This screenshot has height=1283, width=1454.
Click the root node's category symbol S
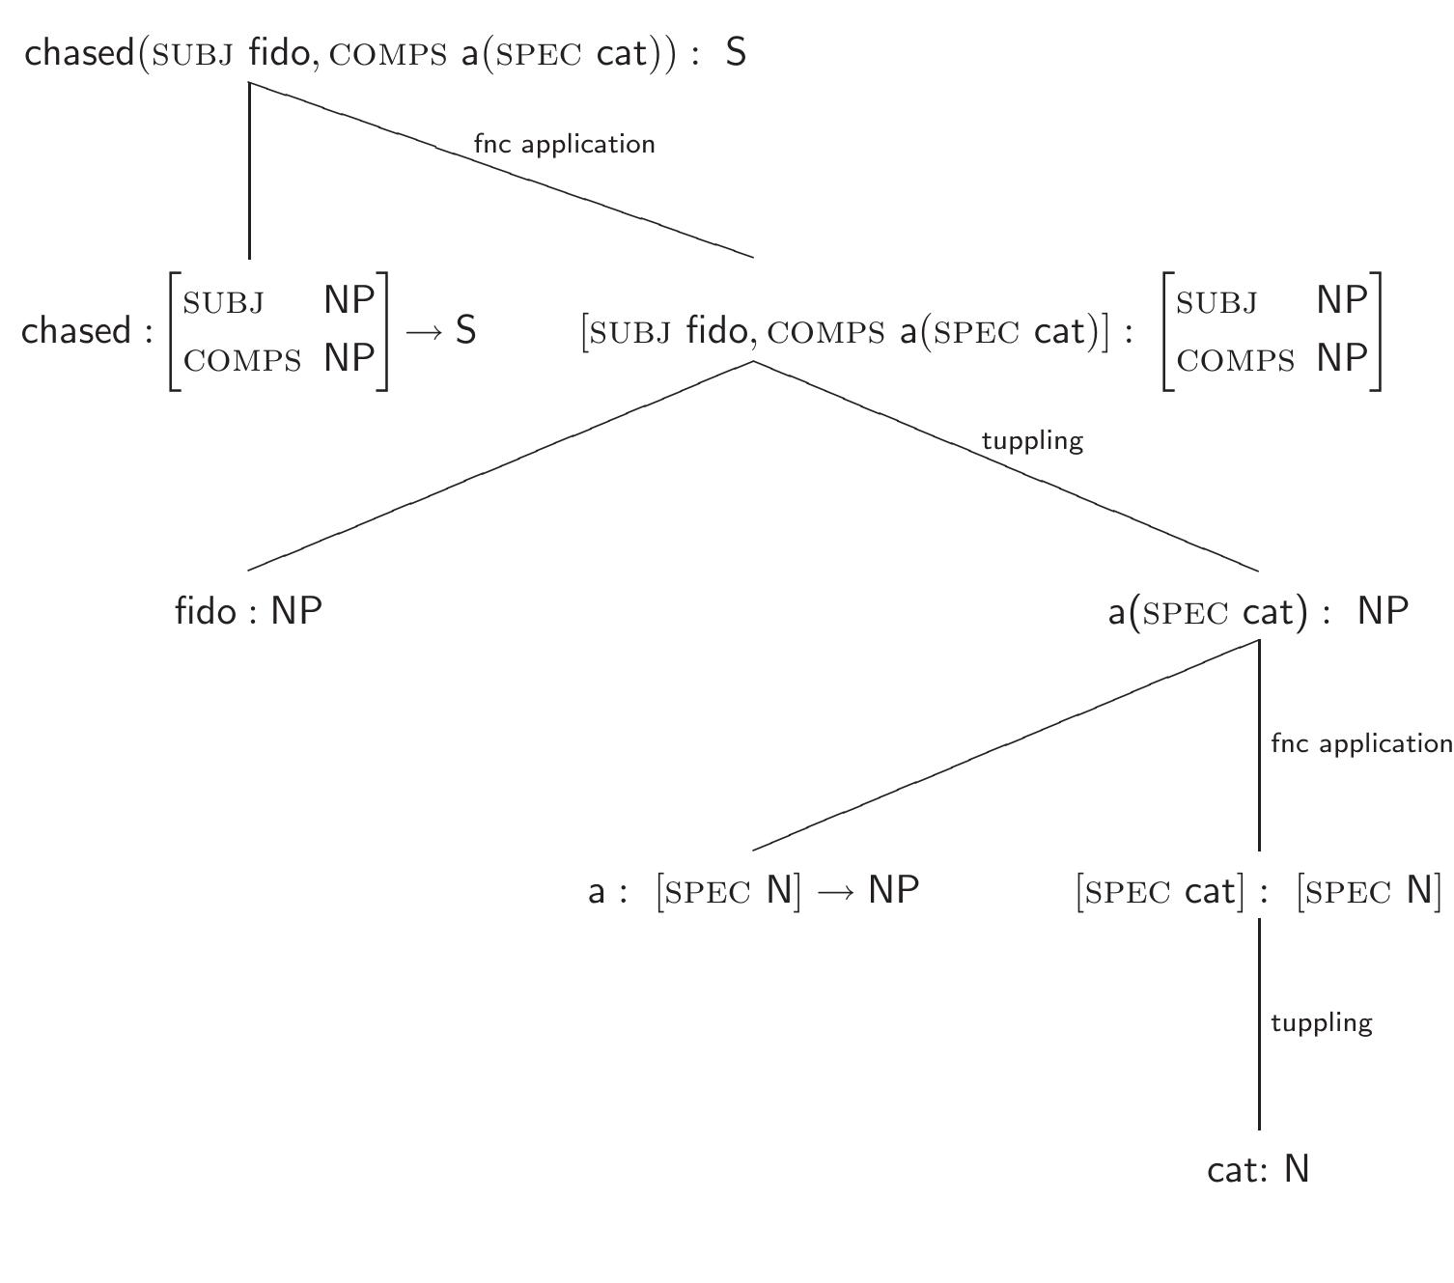point(736,52)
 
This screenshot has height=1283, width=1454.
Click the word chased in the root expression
point(79,52)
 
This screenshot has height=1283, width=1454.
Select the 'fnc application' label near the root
point(564,144)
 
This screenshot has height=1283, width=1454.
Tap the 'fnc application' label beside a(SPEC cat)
point(1360,743)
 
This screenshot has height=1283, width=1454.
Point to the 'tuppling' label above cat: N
point(1321,1022)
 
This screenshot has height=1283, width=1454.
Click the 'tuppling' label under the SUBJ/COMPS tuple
point(1032,440)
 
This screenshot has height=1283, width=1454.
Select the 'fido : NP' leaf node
point(248,610)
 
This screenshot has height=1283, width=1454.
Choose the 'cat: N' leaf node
point(1258,1169)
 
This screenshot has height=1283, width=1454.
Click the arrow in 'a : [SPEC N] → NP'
point(835,890)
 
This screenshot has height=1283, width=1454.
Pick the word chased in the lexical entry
point(76,331)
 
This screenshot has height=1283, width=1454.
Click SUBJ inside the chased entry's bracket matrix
point(223,302)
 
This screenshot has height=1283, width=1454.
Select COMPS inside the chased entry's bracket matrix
point(242,360)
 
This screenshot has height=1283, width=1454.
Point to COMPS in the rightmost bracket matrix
point(1236,360)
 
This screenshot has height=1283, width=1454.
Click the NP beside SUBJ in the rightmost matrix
point(1342,300)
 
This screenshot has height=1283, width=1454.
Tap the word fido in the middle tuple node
point(716,331)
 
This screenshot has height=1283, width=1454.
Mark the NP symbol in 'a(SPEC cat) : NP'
point(1383,610)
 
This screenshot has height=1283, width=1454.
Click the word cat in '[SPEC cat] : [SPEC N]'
point(1209,890)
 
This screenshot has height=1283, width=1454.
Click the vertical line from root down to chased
point(250,174)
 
